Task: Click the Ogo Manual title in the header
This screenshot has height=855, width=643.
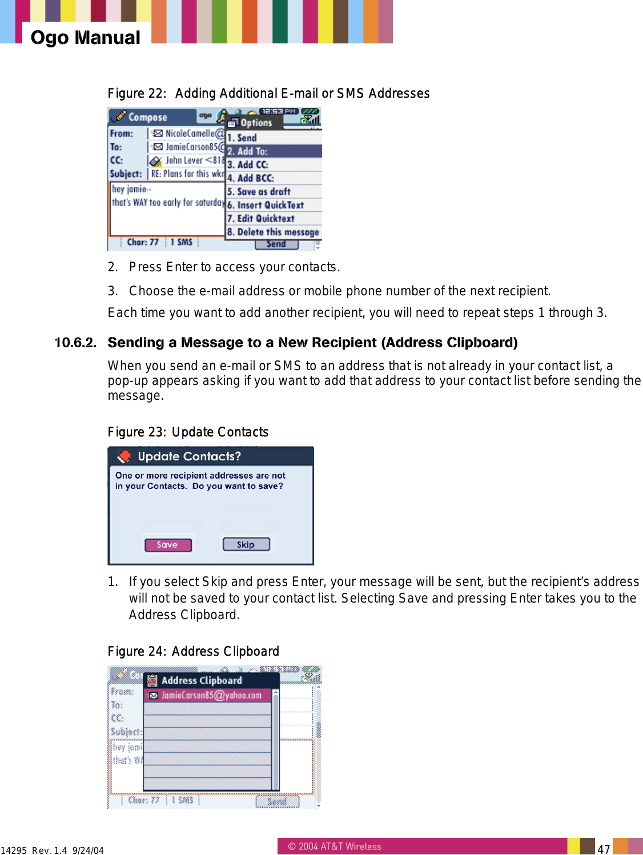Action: [x=85, y=38]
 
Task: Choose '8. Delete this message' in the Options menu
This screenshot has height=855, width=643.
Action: [x=274, y=232]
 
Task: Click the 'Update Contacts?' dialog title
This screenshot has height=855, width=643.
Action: [x=189, y=456]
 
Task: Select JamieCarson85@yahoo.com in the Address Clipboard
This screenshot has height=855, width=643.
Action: [x=211, y=695]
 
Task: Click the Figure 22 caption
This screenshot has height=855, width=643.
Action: [x=268, y=94]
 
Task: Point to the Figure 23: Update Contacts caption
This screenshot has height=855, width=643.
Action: [x=188, y=432]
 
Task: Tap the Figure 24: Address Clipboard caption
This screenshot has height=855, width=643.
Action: [x=193, y=652]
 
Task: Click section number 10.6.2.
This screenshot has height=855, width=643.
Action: [x=75, y=343]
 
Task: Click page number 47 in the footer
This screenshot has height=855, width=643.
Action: [x=604, y=849]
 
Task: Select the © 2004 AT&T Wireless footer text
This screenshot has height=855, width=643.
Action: [x=334, y=846]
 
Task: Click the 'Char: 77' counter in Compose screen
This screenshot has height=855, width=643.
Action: [x=143, y=242]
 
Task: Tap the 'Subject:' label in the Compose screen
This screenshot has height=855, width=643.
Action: [x=126, y=174]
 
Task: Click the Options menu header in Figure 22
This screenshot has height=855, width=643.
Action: [x=256, y=123]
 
